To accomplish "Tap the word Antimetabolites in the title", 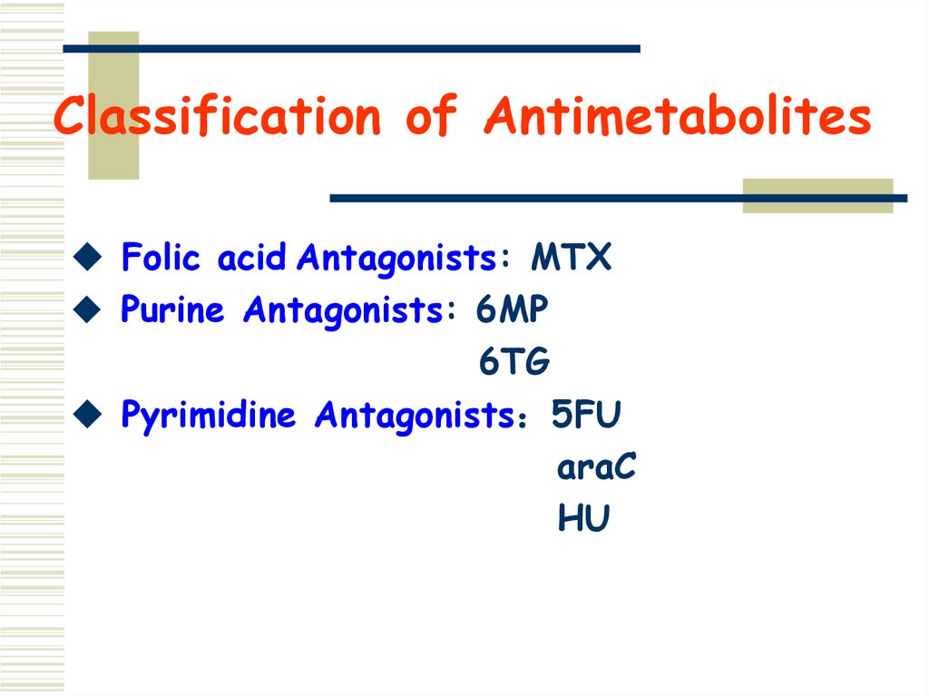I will click(677, 118).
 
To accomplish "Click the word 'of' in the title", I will click(433, 118).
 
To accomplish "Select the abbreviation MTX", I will click(571, 260).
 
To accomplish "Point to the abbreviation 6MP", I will click(512, 311).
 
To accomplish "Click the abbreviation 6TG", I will click(513, 363).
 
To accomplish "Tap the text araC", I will click(596, 468).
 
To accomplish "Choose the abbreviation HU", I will click(583, 520).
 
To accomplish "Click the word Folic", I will click(160, 260).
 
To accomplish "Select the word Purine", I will click(172, 311).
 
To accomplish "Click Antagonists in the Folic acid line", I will click(395, 260).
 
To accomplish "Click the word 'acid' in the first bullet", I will click(250, 260).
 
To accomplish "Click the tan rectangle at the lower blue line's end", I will click(817, 196).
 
